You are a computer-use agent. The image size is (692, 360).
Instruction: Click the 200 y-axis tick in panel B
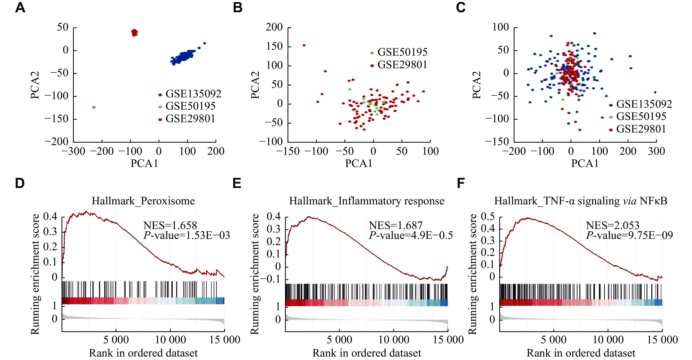coord(274,27)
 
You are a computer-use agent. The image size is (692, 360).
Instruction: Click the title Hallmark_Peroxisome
coord(143,201)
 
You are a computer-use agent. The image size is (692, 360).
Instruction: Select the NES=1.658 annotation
coord(170,225)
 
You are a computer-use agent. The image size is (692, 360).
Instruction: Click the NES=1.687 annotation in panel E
coord(396,225)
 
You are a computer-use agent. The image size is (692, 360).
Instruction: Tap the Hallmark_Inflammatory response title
coord(366,201)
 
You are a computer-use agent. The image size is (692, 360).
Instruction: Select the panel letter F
coord(461,184)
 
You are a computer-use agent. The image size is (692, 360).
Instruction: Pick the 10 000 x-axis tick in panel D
coord(170,340)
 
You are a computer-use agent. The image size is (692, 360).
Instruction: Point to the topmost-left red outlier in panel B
coord(304,45)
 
